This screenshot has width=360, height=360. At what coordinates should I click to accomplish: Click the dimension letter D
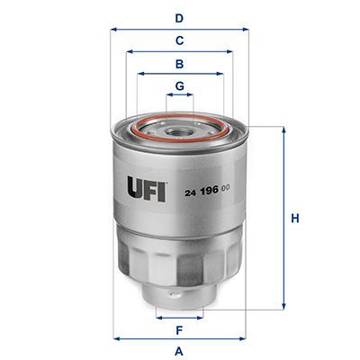(179, 17)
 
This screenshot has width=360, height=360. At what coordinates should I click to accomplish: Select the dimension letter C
(179, 40)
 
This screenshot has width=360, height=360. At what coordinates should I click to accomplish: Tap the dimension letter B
(179, 64)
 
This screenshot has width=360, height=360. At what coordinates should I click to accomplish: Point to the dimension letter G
(180, 86)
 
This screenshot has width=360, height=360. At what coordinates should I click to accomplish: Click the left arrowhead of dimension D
(114, 29)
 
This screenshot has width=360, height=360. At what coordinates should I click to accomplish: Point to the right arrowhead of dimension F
(202, 317)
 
